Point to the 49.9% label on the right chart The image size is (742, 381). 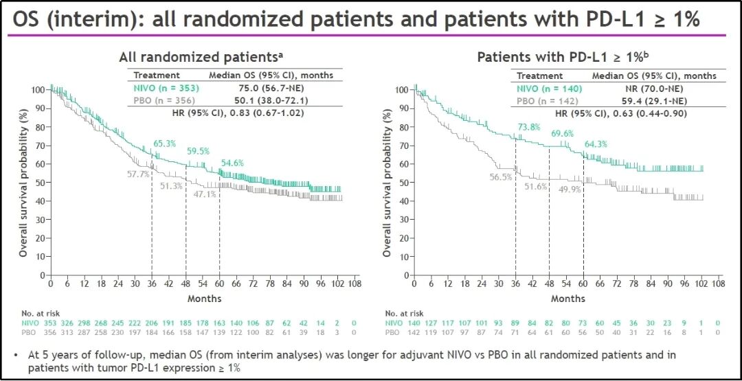570,189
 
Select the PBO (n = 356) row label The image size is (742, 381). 159,100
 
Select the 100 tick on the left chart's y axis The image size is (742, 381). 40,89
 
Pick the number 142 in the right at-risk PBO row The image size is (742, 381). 414,332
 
